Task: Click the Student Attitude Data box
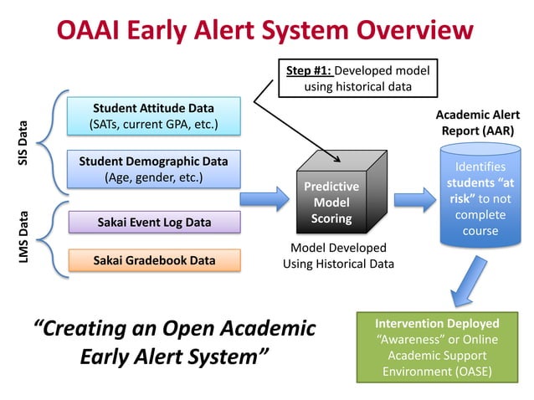click(153, 117)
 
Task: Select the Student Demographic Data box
click(153, 168)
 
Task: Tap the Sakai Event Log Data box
click(154, 223)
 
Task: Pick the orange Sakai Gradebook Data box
click(154, 260)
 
